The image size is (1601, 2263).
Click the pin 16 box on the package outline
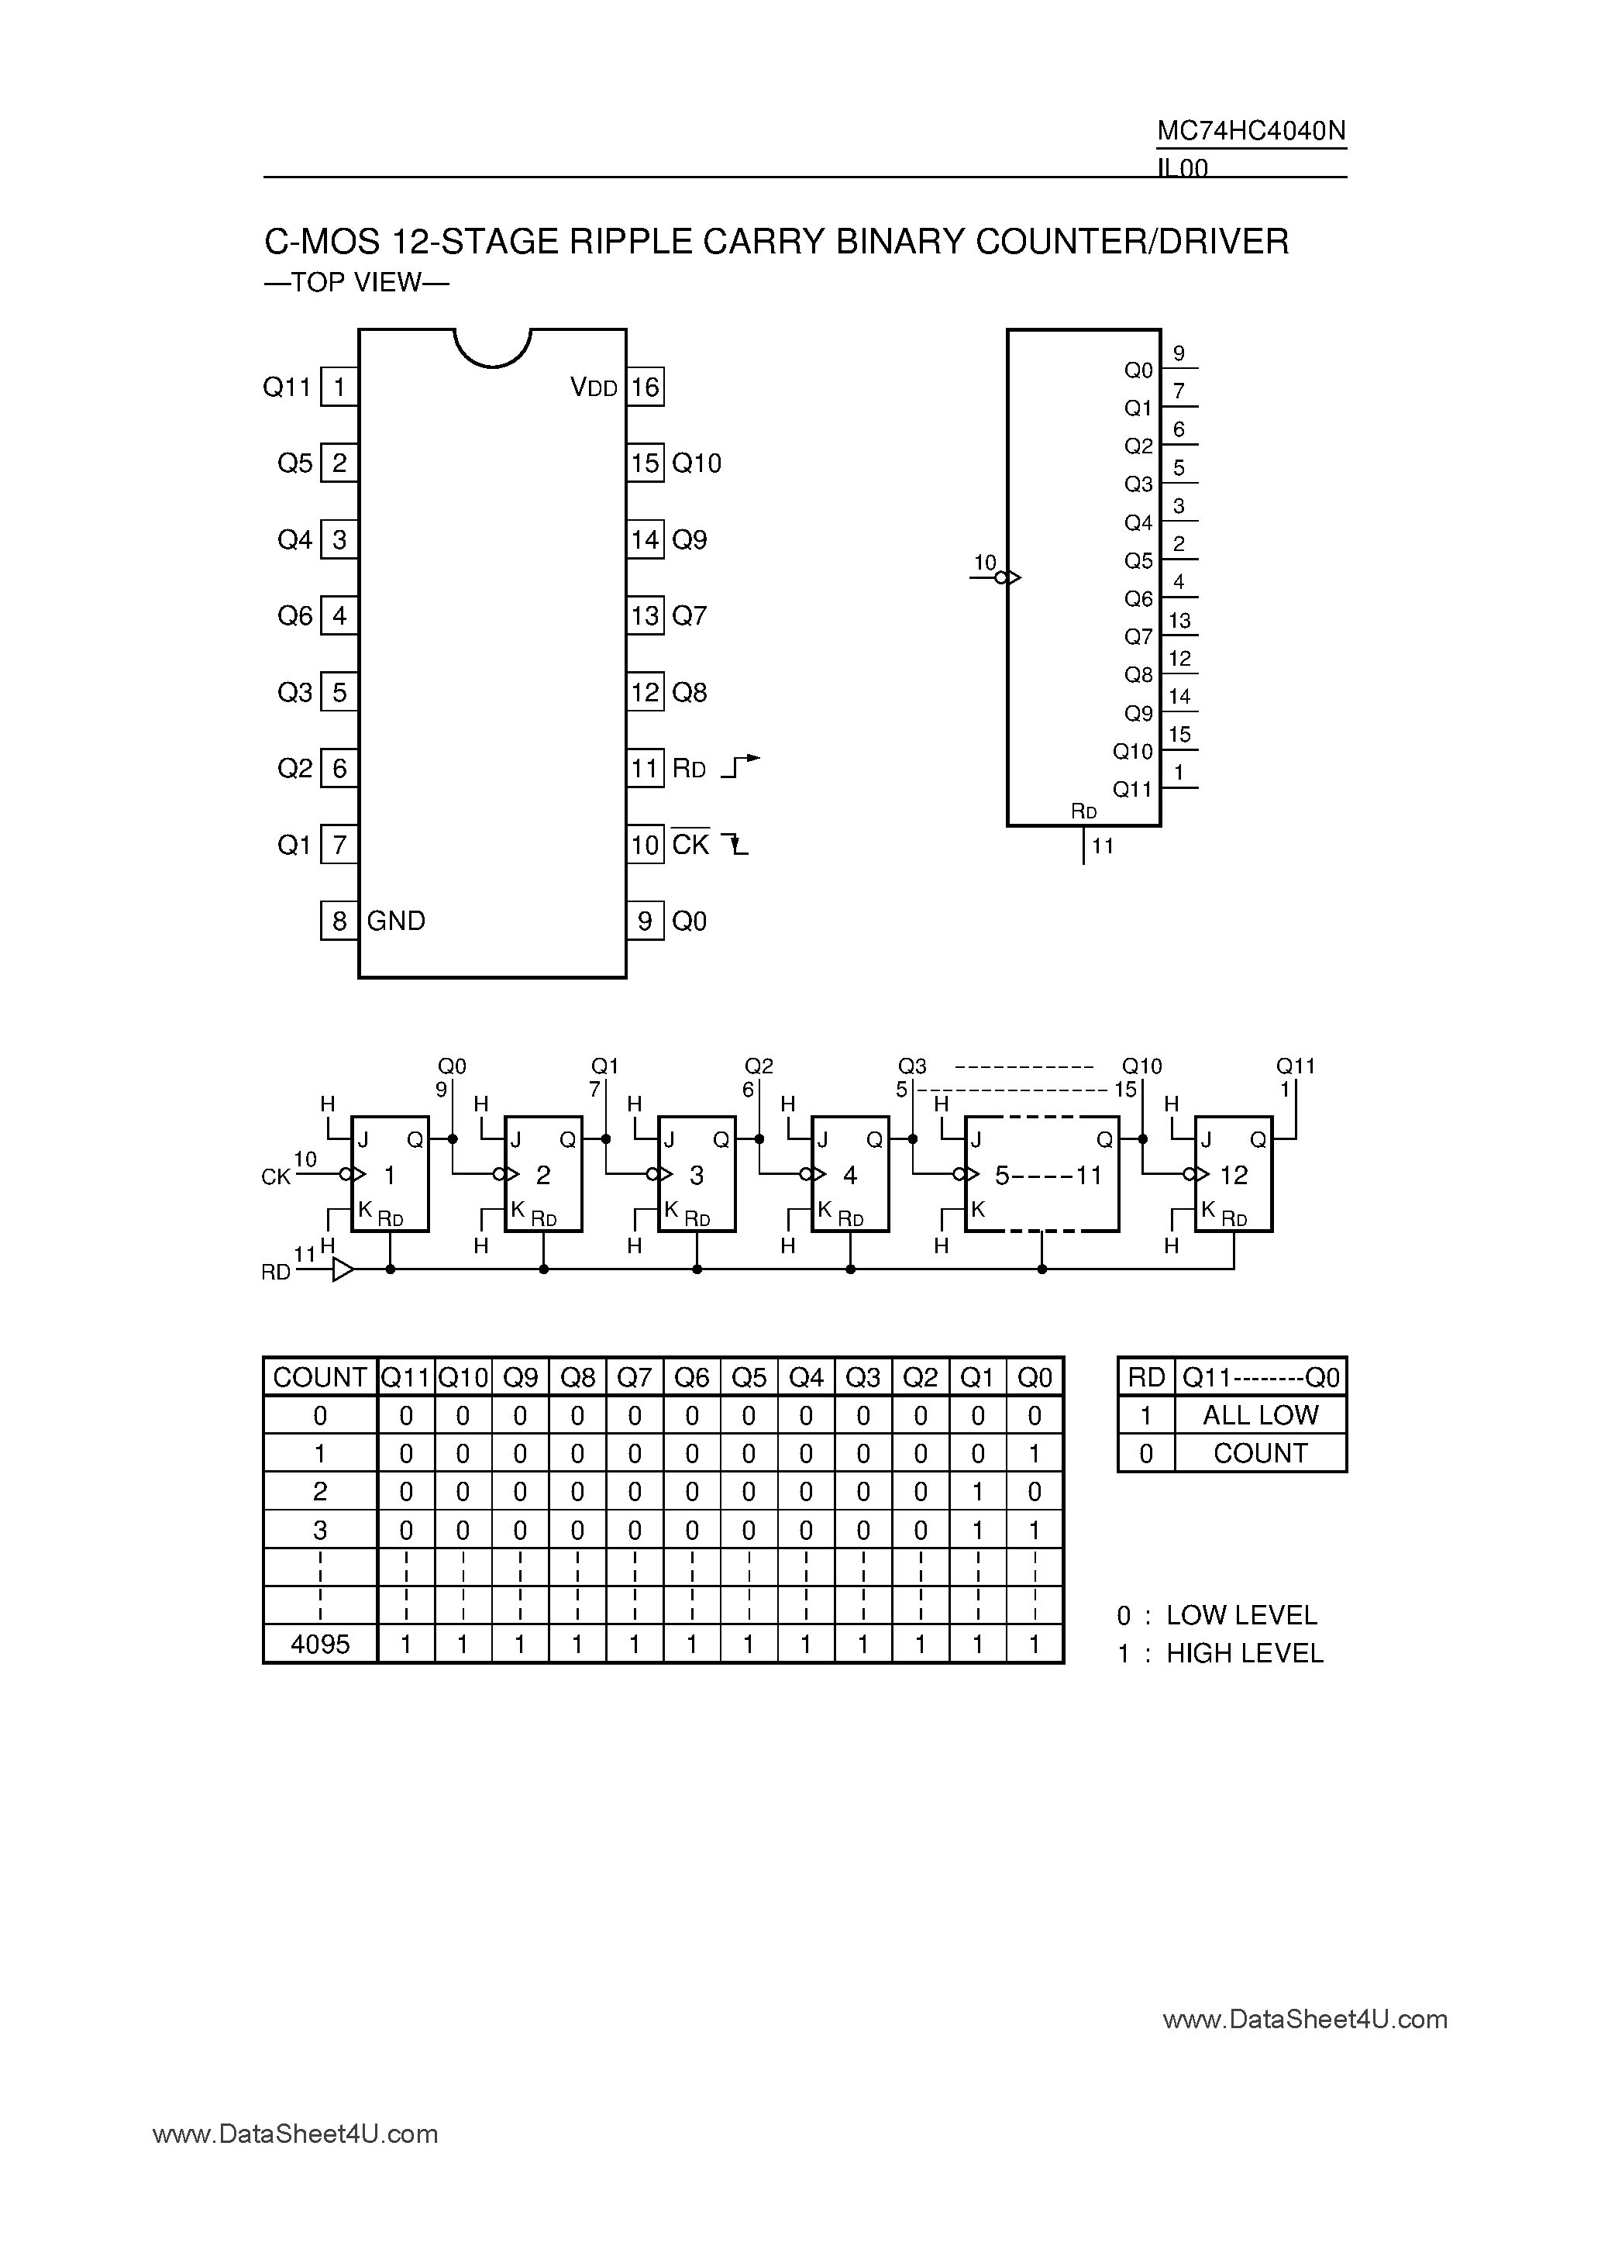point(645,387)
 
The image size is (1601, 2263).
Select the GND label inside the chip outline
point(396,921)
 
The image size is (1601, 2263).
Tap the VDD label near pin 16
point(594,387)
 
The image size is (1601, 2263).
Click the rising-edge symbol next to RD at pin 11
point(740,766)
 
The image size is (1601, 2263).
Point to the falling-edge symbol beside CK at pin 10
point(735,844)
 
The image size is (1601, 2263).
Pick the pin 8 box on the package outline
point(339,921)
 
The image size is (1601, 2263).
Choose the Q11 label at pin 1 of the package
point(287,387)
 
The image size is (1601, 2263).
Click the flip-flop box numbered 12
point(1233,1174)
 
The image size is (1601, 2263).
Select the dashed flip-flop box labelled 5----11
point(1042,1174)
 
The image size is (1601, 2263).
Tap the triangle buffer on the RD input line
point(342,1269)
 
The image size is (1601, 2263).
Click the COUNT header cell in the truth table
point(320,1377)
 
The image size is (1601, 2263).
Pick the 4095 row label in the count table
point(320,1644)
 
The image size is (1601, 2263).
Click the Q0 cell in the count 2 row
point(1035,1491)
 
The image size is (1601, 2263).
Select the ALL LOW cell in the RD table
point(1260,1415)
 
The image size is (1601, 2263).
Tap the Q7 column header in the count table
point(635,1377)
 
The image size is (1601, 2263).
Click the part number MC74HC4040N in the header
point(1251,131)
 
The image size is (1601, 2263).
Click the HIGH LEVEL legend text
point(1244,1653)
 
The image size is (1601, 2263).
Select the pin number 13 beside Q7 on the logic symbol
point(1179,620)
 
